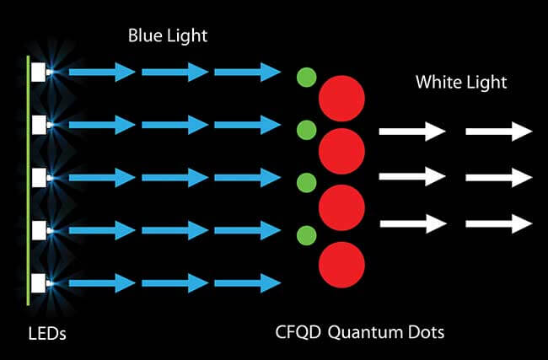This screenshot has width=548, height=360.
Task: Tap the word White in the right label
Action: coord(436,83)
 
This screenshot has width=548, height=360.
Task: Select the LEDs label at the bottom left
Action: coord(46,335)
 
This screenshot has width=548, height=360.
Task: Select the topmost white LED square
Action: coord(39,73)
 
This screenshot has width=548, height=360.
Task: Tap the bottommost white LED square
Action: coord(39,282)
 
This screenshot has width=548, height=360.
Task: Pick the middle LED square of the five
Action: coord(39,177)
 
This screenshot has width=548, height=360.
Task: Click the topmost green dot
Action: coord(307,78)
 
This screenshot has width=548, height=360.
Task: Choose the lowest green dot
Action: coord(307,234)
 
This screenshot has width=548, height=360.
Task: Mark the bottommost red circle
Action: coord(341,265)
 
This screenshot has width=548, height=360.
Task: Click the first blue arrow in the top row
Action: coord(101,73)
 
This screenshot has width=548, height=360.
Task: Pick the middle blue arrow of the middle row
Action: coord(175,177)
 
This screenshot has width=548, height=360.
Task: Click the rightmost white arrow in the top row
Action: coord(498,132)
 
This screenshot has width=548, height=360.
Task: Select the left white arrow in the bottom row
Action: coord(411,223)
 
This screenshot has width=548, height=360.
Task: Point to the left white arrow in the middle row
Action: coord(411,177)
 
